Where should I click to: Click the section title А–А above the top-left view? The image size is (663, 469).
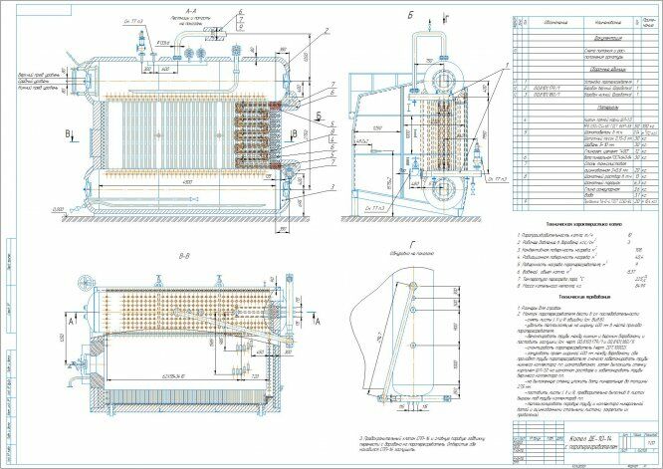click(x=193, y=8)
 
